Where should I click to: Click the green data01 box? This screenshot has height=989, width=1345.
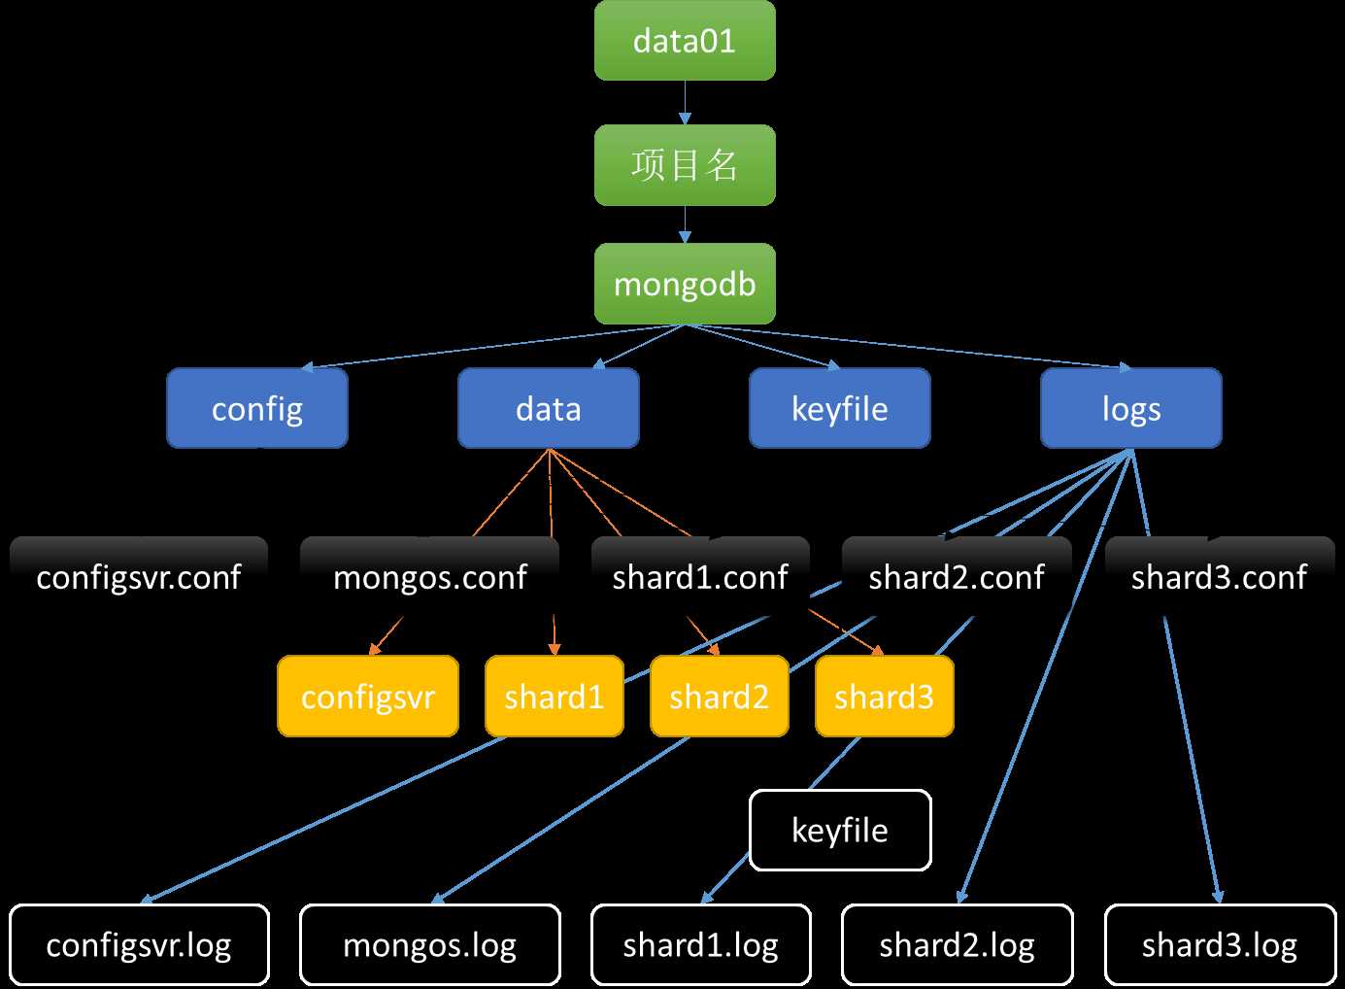(x=685, y=41)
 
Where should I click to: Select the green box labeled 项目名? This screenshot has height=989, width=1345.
(x=685, y=165)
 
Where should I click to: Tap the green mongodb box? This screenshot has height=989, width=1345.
(x=685, y=284)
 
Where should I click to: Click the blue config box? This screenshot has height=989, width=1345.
(x=257, y=408)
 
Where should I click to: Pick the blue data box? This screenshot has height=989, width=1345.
(x=549, y=408)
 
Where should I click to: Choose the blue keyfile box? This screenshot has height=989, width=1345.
(x=840, y=408)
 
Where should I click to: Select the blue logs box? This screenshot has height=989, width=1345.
(x=1131, y=408)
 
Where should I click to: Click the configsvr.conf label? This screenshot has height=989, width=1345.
(x=139, y=577)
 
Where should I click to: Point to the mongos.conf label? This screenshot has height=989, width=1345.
(x=430, y=577)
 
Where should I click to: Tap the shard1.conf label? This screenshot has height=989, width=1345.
(x=700, y=577)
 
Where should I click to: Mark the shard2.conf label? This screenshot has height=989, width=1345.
(x=957, y=577)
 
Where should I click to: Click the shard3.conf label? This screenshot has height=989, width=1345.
(x=1220, y=577)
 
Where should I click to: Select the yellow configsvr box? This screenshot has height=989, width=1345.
(x=368, y=697)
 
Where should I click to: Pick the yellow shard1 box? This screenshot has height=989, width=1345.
(x=555, y=697)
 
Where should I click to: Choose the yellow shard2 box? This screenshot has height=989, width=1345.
(x=720, y=697)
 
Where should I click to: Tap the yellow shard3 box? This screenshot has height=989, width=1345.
(x=885, y=697)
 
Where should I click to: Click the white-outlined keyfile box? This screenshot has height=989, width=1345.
(x=840, y=831)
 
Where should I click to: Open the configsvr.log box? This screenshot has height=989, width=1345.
(x=139, y=945)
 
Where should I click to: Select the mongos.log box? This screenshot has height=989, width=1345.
(x=430, y=945)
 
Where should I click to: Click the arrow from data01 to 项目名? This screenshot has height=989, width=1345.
(x=685, y=102)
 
